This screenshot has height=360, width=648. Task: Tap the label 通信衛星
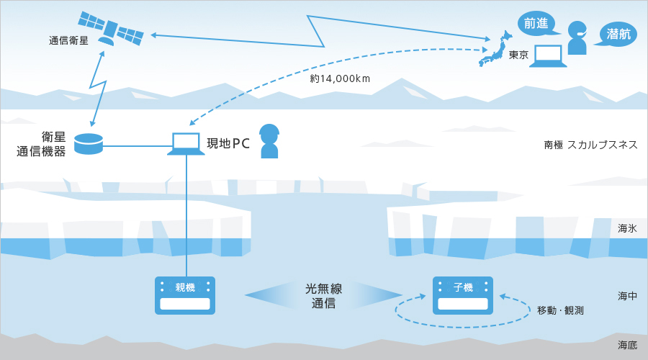point(68,41)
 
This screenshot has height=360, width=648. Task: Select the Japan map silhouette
point(495,49)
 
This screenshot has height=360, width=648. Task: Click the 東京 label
point(518,55)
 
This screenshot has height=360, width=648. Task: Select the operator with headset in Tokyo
point(577,37)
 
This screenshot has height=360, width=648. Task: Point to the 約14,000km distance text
point(340,78)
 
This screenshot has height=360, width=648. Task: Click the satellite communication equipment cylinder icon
point(89,143)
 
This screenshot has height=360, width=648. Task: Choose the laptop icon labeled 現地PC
point(186,143)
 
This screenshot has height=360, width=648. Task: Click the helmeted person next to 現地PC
point(269,141)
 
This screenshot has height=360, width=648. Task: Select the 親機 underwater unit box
point(185,295)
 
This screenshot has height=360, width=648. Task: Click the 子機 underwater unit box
point(463,295)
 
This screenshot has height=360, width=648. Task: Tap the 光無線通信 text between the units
point(323,296)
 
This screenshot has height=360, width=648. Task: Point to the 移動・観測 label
point(560,310)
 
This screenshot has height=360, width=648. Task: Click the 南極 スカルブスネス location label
point(590,145)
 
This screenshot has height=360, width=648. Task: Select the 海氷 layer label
point(627,228)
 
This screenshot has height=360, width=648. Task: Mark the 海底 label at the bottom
point(627,345)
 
